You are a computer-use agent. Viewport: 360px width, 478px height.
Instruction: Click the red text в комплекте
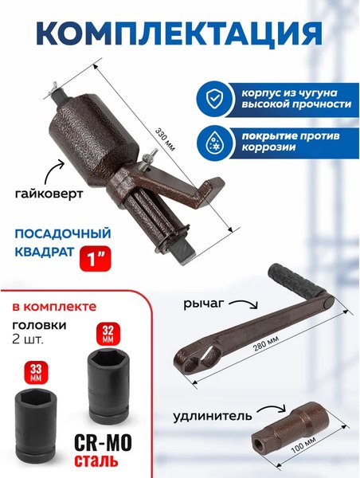pos(54,305)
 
